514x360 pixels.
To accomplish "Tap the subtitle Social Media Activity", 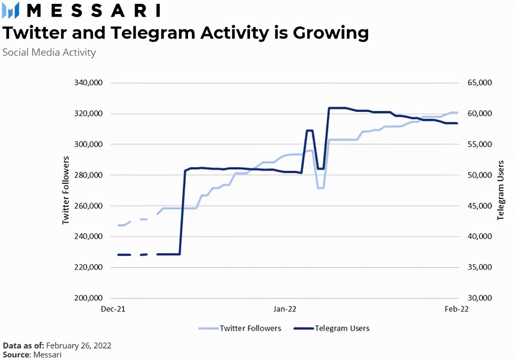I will click(x=49, y=52).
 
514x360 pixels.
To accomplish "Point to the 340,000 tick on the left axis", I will click(x=88, y=83).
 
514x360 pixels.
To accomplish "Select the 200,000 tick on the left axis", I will click(x=88, y=298).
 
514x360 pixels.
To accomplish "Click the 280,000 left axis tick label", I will click(x=88, y=175).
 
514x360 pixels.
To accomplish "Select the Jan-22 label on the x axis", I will click(x=284, y=309).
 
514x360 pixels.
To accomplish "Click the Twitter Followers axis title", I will click(x=66, y=190).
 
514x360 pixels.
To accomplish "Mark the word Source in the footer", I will click(x=15, y=354).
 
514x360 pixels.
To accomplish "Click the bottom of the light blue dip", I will click(x=321, y=188).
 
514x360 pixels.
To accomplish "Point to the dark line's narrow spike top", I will click(x=310, y=130).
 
